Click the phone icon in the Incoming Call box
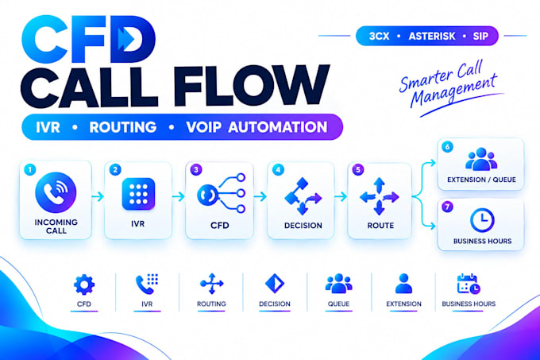(x=56, y=192)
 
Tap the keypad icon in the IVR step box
(x=138, y=194)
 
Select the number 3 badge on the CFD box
(x=196, y=169)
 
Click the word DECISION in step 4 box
(x=303, y=226)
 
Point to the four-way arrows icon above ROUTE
(x=379, y=196)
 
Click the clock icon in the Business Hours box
(x=482, y=220)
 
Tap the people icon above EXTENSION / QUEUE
(x=481, y=159)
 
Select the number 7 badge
(x=447, y=207)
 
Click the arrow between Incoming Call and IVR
(x=98, y=196)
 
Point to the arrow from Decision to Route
(x=341, y=196)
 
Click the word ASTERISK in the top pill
(x=432, y=37)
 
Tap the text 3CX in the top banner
(x=379, y=37)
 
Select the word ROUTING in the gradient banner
(x=123, y=127)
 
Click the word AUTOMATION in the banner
(x=278, y=127)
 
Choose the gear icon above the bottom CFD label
(x=84, y=285)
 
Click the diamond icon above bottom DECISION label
(x=275, y=284)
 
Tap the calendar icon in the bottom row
(x=469, y=284)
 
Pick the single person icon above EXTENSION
(x=403, y=284)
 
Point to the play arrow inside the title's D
(x=125, y=39)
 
